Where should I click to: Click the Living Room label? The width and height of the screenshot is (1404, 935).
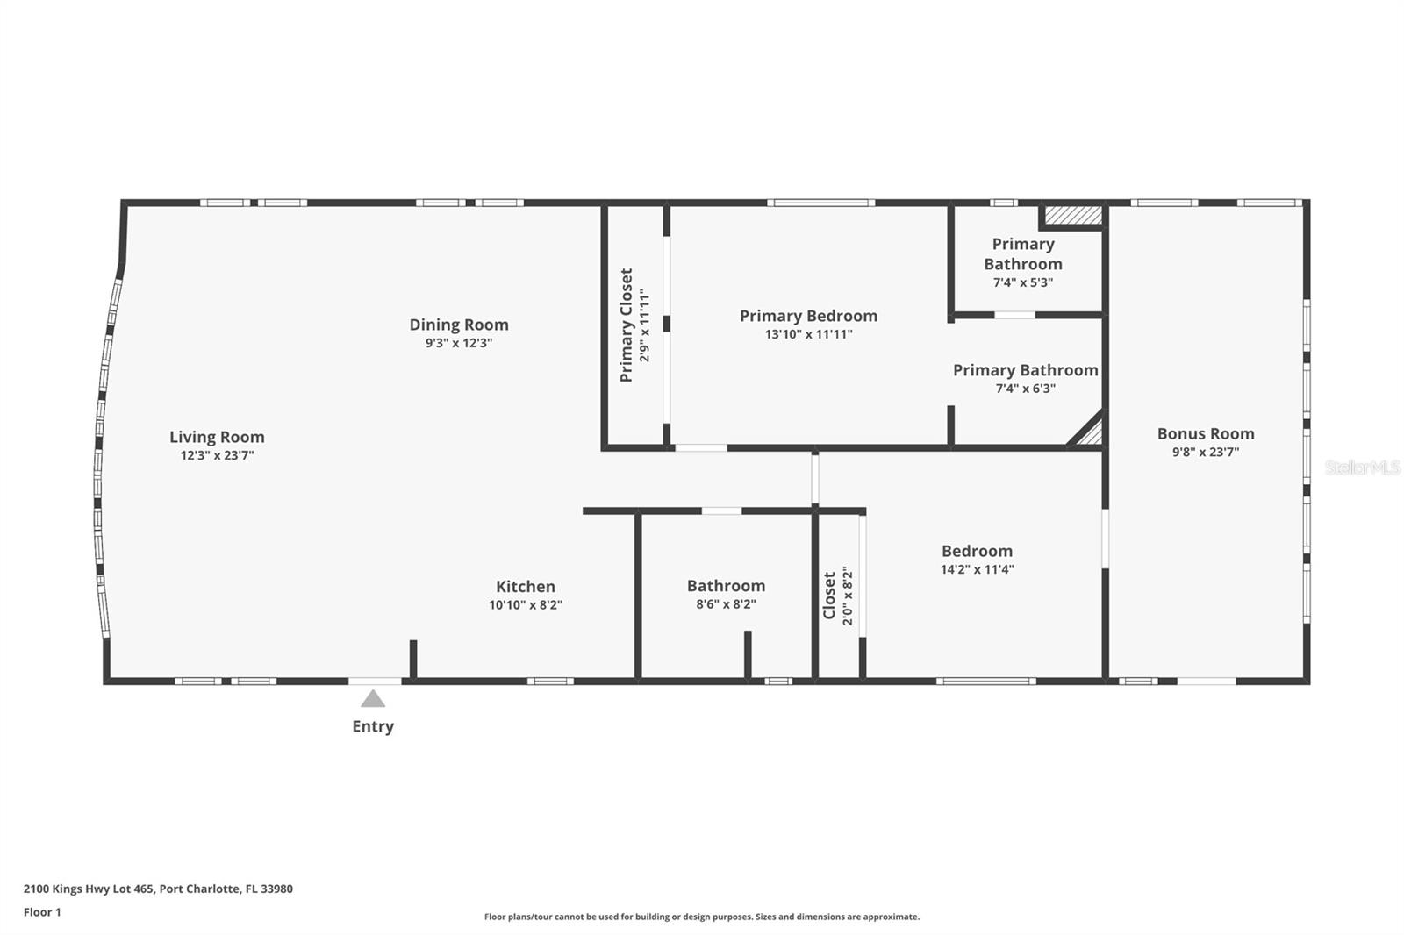[217, 437]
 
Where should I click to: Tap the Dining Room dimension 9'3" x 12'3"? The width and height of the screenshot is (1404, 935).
[459, 343]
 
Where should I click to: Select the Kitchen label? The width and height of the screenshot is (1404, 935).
[525, 587]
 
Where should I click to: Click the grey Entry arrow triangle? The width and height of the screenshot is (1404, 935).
[373, 699]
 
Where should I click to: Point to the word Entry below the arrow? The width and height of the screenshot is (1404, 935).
[373, 726]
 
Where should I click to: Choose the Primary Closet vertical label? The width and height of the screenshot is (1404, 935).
[627, 325]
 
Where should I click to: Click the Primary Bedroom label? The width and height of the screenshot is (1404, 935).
[808, 316]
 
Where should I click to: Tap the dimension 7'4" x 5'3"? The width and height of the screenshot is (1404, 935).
[1022, 282]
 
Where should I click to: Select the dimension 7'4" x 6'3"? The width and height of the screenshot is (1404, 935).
[1025, 389]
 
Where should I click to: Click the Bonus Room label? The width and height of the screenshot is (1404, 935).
[1205, 433]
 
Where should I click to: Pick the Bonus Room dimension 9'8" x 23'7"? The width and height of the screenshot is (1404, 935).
[1205, 453]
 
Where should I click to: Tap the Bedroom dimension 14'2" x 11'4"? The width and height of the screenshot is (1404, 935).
[977, 569]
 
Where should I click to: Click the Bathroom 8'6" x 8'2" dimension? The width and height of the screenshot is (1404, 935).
[726, 604]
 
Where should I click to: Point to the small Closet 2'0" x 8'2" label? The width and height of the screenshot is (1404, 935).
[829, 596]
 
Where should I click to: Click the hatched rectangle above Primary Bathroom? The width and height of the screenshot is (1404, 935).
[1071, 215]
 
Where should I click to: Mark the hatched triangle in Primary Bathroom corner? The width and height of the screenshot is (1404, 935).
[1090, 433]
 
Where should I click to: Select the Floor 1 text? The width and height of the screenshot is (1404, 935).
[42, 912]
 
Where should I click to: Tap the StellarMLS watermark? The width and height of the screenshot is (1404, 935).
[1362, 467]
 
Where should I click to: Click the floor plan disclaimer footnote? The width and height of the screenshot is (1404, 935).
[702, 917]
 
